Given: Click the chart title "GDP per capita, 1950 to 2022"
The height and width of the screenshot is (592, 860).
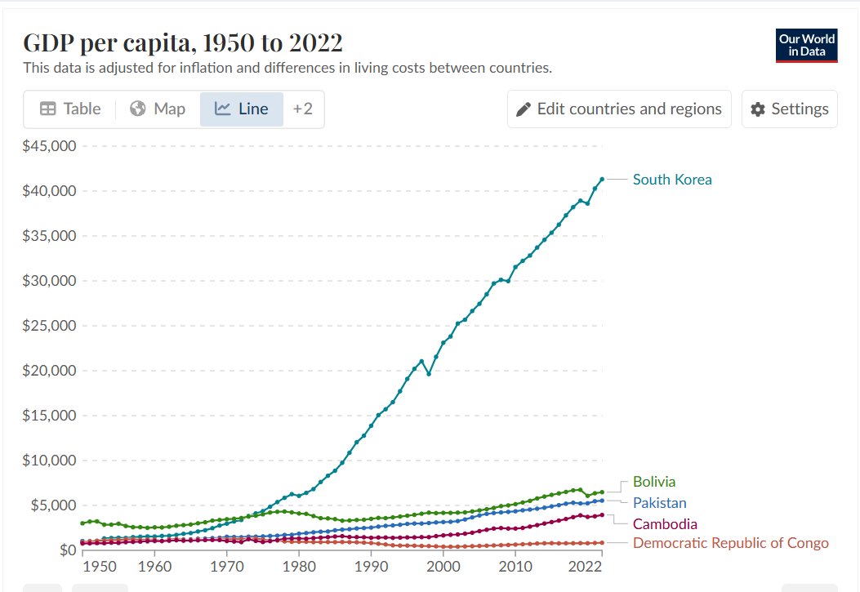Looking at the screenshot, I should click(x=183, y=42).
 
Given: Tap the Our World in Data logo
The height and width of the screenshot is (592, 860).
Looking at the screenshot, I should click(x=806, y=46).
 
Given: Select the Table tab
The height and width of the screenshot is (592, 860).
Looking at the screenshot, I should click(x=71, y=109).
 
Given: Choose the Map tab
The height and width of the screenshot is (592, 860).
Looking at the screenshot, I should click(x=158, y=109).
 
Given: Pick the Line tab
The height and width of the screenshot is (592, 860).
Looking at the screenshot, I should click(x=242, y=109).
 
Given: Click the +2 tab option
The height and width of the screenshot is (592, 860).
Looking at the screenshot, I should click(x=303, y=109).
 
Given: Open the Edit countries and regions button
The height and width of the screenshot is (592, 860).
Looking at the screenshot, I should click(x=619, y=109).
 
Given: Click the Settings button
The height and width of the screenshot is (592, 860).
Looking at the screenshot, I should click(x=790, y=109).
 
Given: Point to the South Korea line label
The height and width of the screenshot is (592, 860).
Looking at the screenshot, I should click(x=672, y=180).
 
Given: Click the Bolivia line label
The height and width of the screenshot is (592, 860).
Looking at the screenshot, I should click(x=654, y=482).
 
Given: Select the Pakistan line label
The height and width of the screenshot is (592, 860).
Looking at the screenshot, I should click(x=659, y=503).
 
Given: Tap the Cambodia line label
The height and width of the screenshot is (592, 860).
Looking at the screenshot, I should click(x=665, y=523).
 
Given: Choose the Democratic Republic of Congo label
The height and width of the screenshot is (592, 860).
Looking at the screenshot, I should click(x=730, y=543).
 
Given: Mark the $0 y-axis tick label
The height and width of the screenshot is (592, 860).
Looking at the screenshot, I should click(x=64, y=550).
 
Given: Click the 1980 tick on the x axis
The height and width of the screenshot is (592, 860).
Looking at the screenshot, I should click(x=299, y=568).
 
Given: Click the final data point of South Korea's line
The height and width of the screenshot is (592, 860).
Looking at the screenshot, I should click(x=602, y=179).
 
